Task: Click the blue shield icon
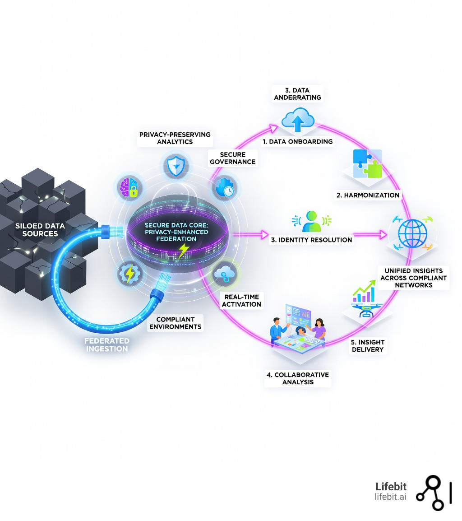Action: (173, 166)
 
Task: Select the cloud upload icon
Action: (297, 120)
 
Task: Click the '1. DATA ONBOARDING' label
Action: (298, 141)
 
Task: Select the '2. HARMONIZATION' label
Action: (368, 195)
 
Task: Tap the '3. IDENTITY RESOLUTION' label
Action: (311, 240)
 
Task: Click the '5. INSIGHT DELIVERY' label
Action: (367, 345)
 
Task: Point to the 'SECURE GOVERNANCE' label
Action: (233, 158)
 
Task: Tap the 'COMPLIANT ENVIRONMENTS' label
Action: (176, 323)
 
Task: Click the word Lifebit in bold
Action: (391, 486)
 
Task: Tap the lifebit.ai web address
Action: (390, 497)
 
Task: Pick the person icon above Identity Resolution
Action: (311, 221)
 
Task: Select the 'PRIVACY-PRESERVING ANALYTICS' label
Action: (169, 138)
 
